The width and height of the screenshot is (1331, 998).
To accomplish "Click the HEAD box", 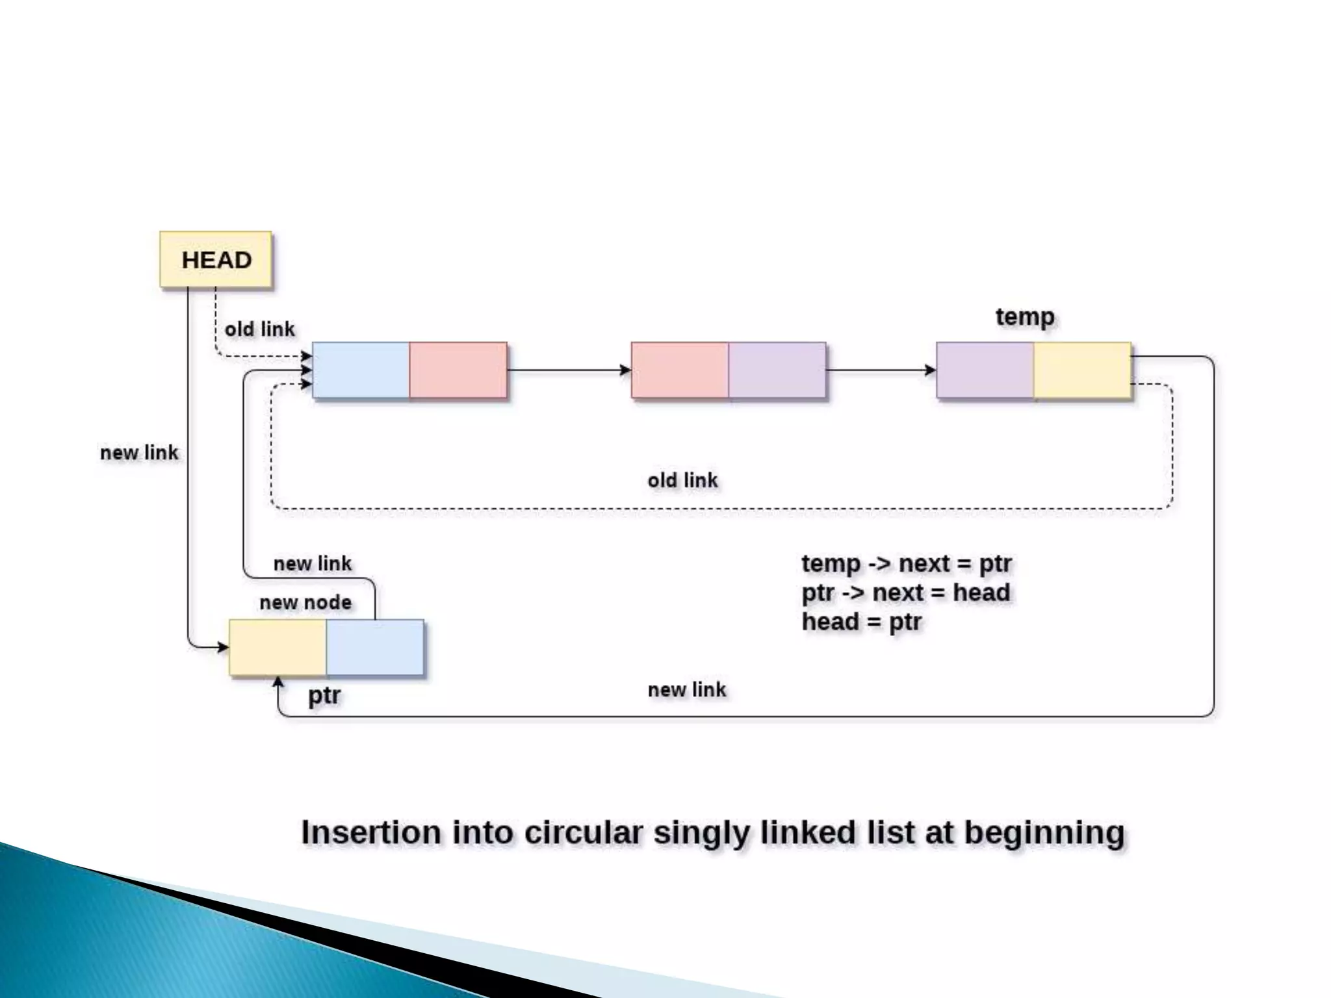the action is (216, 260).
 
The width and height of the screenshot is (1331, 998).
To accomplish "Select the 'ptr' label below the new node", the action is (324, 696).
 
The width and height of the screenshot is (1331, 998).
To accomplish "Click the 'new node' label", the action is (305, 602).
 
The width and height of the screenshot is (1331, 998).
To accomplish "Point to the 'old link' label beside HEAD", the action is (259, 329).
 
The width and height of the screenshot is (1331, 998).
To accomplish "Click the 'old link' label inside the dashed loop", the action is (682, 481).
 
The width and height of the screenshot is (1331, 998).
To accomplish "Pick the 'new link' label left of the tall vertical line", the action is (139, 453).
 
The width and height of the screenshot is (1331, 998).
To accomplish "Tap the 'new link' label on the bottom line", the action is (686, 689).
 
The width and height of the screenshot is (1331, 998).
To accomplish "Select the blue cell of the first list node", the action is (361, 370).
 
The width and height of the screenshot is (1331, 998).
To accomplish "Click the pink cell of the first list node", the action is (458, 370).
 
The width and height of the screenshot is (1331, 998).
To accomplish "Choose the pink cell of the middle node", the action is (680, 370).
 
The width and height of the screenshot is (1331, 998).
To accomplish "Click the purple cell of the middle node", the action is (777, 370).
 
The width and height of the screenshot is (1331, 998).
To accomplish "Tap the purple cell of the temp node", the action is (985, 370).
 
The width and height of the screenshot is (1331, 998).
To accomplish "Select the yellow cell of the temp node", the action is (1082, 370).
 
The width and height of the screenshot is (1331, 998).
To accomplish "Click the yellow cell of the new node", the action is (278, 648).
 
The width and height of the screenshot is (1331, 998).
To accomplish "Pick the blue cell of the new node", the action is (375, 648).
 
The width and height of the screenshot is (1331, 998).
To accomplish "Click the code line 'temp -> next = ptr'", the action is (907, 563).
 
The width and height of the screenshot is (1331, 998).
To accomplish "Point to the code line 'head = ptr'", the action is (862, 622).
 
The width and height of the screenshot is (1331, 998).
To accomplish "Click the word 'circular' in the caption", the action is (584, 832).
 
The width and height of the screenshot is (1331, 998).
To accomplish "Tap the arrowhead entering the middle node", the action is (625, 370).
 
